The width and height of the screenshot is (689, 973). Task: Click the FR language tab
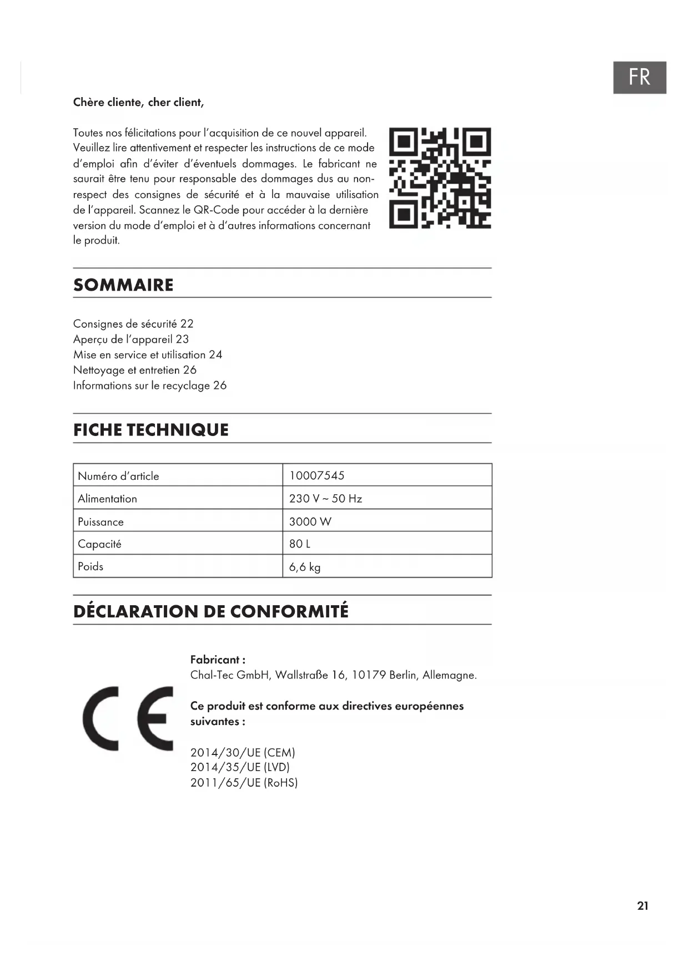639,78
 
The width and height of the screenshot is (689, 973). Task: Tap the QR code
440,178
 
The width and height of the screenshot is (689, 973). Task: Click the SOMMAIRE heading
123,285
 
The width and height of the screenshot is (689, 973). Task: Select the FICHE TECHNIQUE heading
151,430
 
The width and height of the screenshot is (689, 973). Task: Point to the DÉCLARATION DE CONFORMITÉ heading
211,611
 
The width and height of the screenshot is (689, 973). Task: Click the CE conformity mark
128,719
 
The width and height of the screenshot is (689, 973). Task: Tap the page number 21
642,906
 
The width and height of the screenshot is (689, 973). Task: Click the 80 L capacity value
300,544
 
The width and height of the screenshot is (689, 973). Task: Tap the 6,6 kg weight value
305,567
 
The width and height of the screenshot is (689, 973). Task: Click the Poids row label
90,566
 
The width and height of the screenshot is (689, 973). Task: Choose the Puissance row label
100,522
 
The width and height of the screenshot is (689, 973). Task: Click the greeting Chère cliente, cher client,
139,103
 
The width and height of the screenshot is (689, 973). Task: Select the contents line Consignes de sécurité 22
133,324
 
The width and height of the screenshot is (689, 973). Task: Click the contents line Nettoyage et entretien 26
135,370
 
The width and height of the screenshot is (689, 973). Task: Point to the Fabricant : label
218,660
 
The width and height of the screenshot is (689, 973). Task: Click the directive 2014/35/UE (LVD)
240,767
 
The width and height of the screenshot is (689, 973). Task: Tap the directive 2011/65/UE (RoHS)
244,783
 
